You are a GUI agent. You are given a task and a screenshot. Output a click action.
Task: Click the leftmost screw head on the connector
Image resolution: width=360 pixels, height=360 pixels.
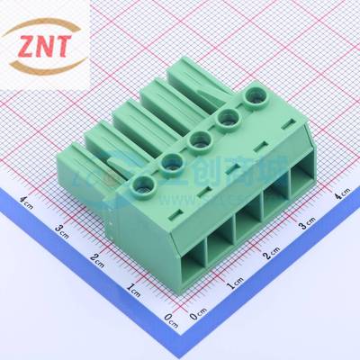[x=140, y=186]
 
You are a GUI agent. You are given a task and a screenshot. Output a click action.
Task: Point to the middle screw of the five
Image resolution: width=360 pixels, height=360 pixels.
[x=200, y=138]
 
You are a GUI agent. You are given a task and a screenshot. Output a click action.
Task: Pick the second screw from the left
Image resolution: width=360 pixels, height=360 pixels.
[x=172, y=161]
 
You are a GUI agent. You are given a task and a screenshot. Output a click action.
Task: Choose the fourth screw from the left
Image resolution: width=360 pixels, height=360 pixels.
[x=227, y=115]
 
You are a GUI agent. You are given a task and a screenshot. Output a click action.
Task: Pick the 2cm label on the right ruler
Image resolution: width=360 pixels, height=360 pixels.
[x=271, y=256]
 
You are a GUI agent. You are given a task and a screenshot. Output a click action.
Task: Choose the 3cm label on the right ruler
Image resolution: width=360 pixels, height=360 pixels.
[x=308, y=224]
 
